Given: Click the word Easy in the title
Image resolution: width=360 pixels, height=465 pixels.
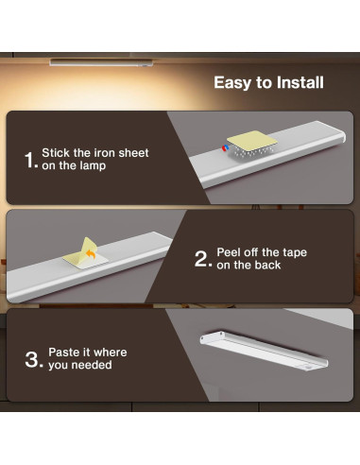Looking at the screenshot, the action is [232, 83].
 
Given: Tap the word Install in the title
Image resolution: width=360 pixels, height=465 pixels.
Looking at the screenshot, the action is [300, 82].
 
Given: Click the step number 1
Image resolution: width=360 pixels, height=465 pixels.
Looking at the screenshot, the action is [29, 160].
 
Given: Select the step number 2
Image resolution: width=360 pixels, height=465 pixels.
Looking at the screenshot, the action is [201, 259].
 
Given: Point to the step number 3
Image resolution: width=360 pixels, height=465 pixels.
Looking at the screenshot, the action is [32, 359].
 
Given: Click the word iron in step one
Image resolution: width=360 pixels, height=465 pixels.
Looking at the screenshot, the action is [105, 153].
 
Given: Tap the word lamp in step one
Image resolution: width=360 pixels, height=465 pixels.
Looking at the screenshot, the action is [93, 166].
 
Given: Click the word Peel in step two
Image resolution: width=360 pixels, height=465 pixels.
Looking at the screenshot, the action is [228, 252].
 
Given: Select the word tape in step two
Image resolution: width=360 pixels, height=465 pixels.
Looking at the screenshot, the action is [295, 253].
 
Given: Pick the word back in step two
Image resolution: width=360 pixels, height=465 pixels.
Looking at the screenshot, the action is [267, 265].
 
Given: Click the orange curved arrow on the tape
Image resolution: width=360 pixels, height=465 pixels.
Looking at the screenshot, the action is [91, 254].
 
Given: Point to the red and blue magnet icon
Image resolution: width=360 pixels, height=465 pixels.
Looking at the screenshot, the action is [225, 147].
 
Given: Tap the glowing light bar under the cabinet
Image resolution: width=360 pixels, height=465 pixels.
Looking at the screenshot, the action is [101, 62].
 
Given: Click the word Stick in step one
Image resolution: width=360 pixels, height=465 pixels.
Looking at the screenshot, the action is [56, 153].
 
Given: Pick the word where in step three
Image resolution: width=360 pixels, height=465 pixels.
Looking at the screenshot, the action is [111, 352].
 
